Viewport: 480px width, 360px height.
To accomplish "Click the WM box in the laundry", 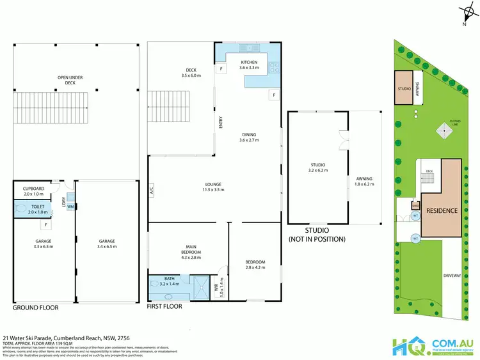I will (x=70, y=206).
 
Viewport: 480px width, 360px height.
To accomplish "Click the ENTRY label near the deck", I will (x=221, y=121).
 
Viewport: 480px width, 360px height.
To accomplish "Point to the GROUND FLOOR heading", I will (x=36, y=308).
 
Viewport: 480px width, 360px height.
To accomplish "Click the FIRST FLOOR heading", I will (x=165, y=306).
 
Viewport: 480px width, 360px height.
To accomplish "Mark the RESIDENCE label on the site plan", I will (x=442, y=210).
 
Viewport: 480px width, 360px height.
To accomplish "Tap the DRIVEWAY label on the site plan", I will (x=452, y=276).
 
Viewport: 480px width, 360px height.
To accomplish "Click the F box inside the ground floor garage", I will (x=46, y=226).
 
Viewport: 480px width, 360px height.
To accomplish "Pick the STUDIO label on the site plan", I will (x=404, y=89).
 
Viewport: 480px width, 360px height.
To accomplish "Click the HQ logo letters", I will (x=407, y=347).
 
